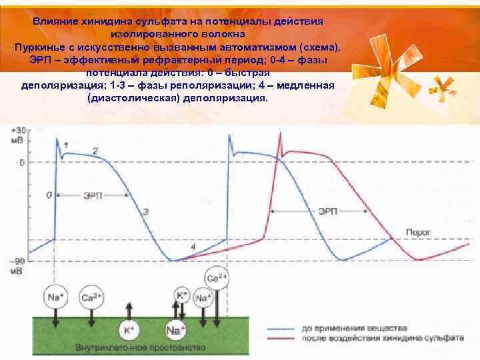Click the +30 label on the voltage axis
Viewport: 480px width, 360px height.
pyautogui.click(x=18, y=131)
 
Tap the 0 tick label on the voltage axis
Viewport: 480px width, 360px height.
pyautogui.click(x=21, y=162)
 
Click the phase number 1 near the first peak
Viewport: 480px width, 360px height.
pyautogui.click(x=65, y=144)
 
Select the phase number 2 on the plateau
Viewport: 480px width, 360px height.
pyautogui.click(x=95, y=151)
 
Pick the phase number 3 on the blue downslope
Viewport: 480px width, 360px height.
pyautogui.click(x=146, y=211)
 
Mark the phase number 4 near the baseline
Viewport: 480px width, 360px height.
pyautogui.click(x=193, y=247)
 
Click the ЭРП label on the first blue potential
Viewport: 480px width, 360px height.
pyautogui.click(x=93, y=195)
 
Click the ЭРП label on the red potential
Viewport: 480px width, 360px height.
pyautogui.click(x=327, y=211)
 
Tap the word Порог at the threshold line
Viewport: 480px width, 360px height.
pyautogui.click(x=419, y=231)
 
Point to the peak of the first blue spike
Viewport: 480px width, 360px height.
pyautogui.click(x=57, y=139)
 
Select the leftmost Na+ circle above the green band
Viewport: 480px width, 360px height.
pyautogui.click(x=54, y=295)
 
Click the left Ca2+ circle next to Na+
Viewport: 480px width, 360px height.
pyautogui.click(x=90, y=297)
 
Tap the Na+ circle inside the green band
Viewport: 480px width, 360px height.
pyautogui.click(x=175, y=329)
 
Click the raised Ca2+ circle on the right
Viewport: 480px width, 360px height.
pyautogui.click(x=216, y=279)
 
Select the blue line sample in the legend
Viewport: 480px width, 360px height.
pyautogui.click(x=283, y=328)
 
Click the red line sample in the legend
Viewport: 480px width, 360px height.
pyautogui.click(x=283, y=338)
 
